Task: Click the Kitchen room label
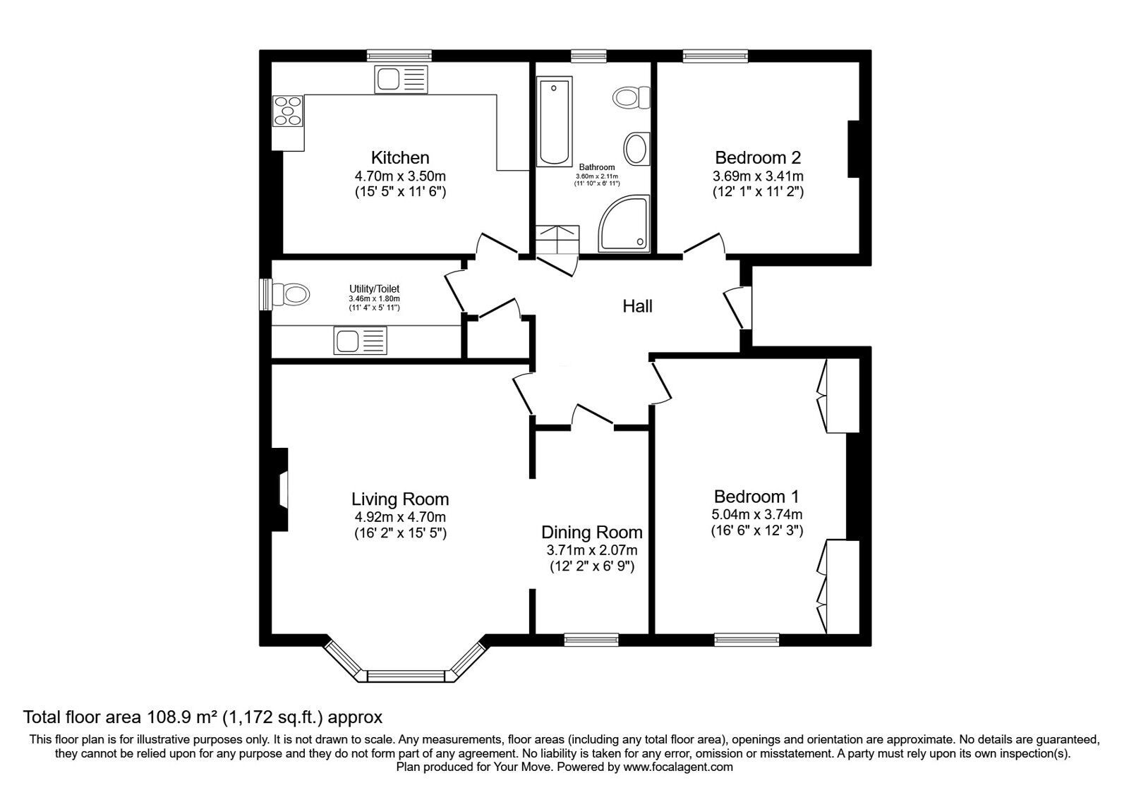(x=400, y=158)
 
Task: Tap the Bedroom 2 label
(x=758, y=158)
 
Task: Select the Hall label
(x=638, y=306)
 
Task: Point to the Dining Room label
(x=592, y=532)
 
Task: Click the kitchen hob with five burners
(x=288, y=110)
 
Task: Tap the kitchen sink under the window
(x=402, y=79)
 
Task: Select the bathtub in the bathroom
(x=555, y=121)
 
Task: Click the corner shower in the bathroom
(x=624, y=224)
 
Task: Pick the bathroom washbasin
(x=637, y=149)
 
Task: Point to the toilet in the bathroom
(x=632, y=97)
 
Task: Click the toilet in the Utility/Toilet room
(x=290, y=293)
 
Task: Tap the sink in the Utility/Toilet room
(x=360, y=340)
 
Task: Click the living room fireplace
(x=280, y=490)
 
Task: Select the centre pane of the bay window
(x=406, y=676)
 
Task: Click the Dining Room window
(x=591, y=640)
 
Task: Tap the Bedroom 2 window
(x=716, y=56)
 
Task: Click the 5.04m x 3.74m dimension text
(x=756, y=514)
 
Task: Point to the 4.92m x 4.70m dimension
(x=400, y=517)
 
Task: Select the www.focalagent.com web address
(x=678, y=767)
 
